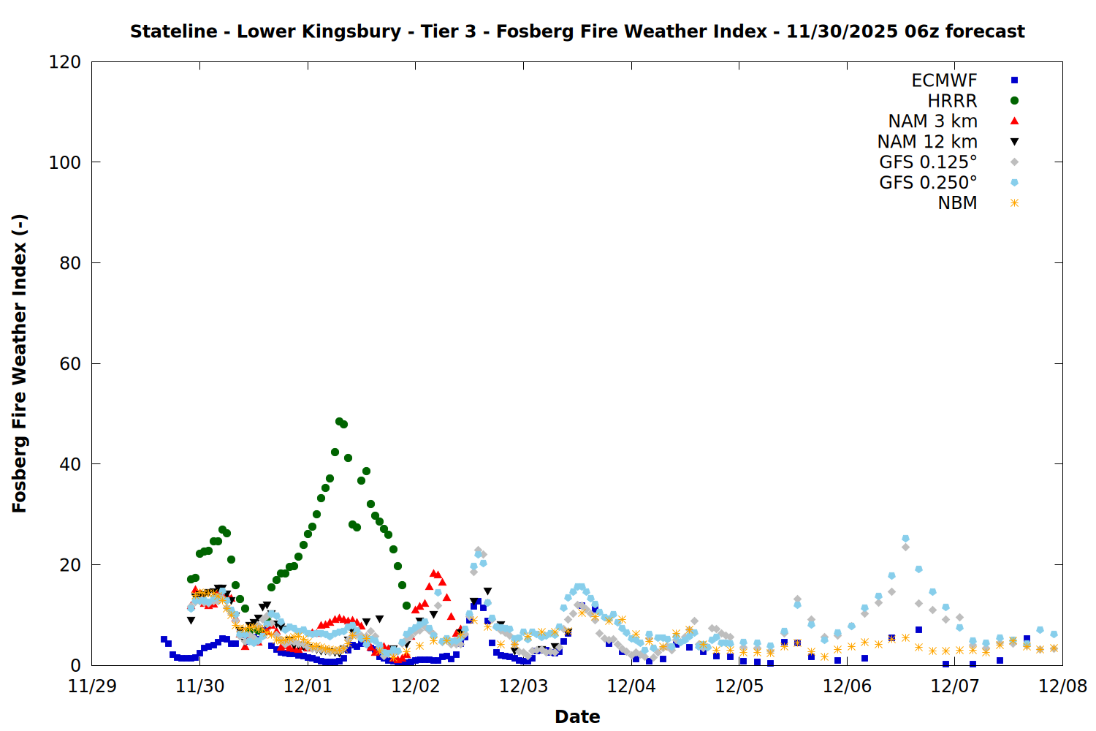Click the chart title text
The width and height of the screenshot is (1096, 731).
pos(577,31)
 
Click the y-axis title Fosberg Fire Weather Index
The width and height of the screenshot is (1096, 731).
pos(20,363)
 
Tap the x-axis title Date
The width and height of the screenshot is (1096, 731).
pos(577,716)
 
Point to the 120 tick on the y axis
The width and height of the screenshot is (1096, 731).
pos(64,62)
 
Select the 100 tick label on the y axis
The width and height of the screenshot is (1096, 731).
pos(64,162)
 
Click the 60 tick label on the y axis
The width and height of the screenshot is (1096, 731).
pos(69,363)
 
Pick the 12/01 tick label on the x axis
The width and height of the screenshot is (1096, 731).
pos(308,686)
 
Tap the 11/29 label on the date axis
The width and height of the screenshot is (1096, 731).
pos(92,686)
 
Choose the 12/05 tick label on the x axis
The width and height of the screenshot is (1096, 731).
pos(739,686)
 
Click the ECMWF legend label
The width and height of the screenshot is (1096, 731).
pos(944,80)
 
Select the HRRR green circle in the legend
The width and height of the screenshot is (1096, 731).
pos(1014,101)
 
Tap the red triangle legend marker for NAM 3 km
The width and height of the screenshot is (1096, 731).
pos(1014,121)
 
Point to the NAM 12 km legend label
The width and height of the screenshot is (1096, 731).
pos(927,142)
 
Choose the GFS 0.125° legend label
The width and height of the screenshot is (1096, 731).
pos(928,162)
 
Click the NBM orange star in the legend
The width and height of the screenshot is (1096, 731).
pos(1014,203)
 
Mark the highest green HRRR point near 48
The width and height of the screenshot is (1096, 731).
pos(339,422)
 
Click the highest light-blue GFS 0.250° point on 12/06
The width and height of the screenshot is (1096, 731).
pos(905,539)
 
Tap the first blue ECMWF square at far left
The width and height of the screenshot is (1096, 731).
pos(164,639)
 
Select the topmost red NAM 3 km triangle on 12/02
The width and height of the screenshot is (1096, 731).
pos(433,573)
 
